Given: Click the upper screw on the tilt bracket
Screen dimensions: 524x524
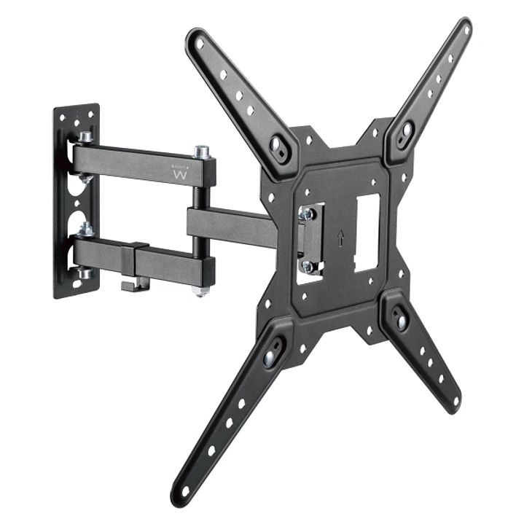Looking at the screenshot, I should click(307, 214).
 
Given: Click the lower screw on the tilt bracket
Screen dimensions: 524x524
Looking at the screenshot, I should click(307, 266).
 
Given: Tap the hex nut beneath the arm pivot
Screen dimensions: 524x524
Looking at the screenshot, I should click(199, 289).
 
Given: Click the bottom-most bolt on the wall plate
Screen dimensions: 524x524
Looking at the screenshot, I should click(85, 273).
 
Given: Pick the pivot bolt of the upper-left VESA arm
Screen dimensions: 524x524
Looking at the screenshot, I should click(278, 144).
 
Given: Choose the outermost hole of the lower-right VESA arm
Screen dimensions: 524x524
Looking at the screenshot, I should click(455, 400).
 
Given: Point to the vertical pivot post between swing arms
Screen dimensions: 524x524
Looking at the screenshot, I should click(200, 219).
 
